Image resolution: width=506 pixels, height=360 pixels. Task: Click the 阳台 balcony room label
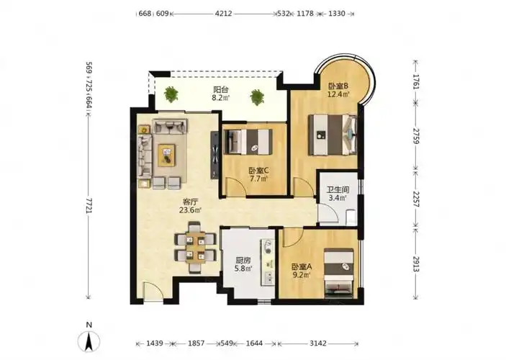(221, 89)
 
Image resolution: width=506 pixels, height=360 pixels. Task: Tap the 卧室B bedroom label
(338, 86)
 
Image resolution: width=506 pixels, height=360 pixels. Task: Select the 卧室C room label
(258, 170)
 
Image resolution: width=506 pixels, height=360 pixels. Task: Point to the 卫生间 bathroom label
(338, 190)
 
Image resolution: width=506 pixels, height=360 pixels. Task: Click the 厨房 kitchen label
(243, 260)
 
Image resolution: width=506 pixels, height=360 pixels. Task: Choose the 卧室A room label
(302, 267)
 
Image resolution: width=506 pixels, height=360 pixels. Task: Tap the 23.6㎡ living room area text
(191, 210)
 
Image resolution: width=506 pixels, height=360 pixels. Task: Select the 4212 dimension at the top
(223, 14)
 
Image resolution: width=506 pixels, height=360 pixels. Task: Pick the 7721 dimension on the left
(89, 205)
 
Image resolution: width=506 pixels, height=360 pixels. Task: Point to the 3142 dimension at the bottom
(318, 343)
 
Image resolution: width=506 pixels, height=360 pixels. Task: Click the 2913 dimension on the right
(416, 263)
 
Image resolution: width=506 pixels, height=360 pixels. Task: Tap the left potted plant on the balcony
(171, 94)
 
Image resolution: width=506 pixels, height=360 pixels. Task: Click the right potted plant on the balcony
(257, 97)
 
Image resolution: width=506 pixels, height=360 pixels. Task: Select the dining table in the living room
(195, 248)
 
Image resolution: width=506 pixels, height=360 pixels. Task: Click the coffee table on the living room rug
(166, 155)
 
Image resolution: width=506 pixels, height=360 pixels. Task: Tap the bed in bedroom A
(338, 273)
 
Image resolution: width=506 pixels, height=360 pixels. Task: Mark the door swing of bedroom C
(235, 186)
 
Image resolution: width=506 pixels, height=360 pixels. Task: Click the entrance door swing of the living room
(153, 292)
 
